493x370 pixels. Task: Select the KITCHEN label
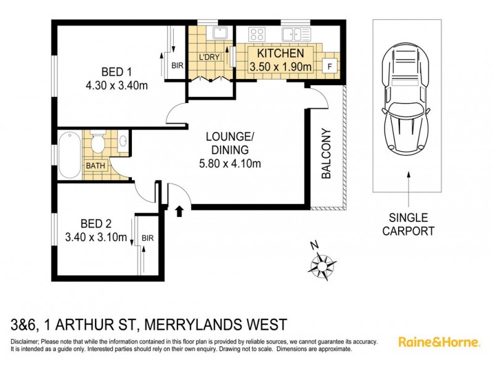(x=280, y=54)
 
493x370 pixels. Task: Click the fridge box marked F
(x=330, y=65)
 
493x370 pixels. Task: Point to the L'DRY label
(x=209, y=57)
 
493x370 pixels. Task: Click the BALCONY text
(x=327, y=154)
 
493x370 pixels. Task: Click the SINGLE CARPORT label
(x=409, y=224)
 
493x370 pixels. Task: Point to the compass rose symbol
(x=322, y=265)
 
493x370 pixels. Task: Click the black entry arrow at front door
(x=180, y=212)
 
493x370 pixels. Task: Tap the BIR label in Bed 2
(x=148, y=237)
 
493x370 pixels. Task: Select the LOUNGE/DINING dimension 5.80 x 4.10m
(x=230, y=163)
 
